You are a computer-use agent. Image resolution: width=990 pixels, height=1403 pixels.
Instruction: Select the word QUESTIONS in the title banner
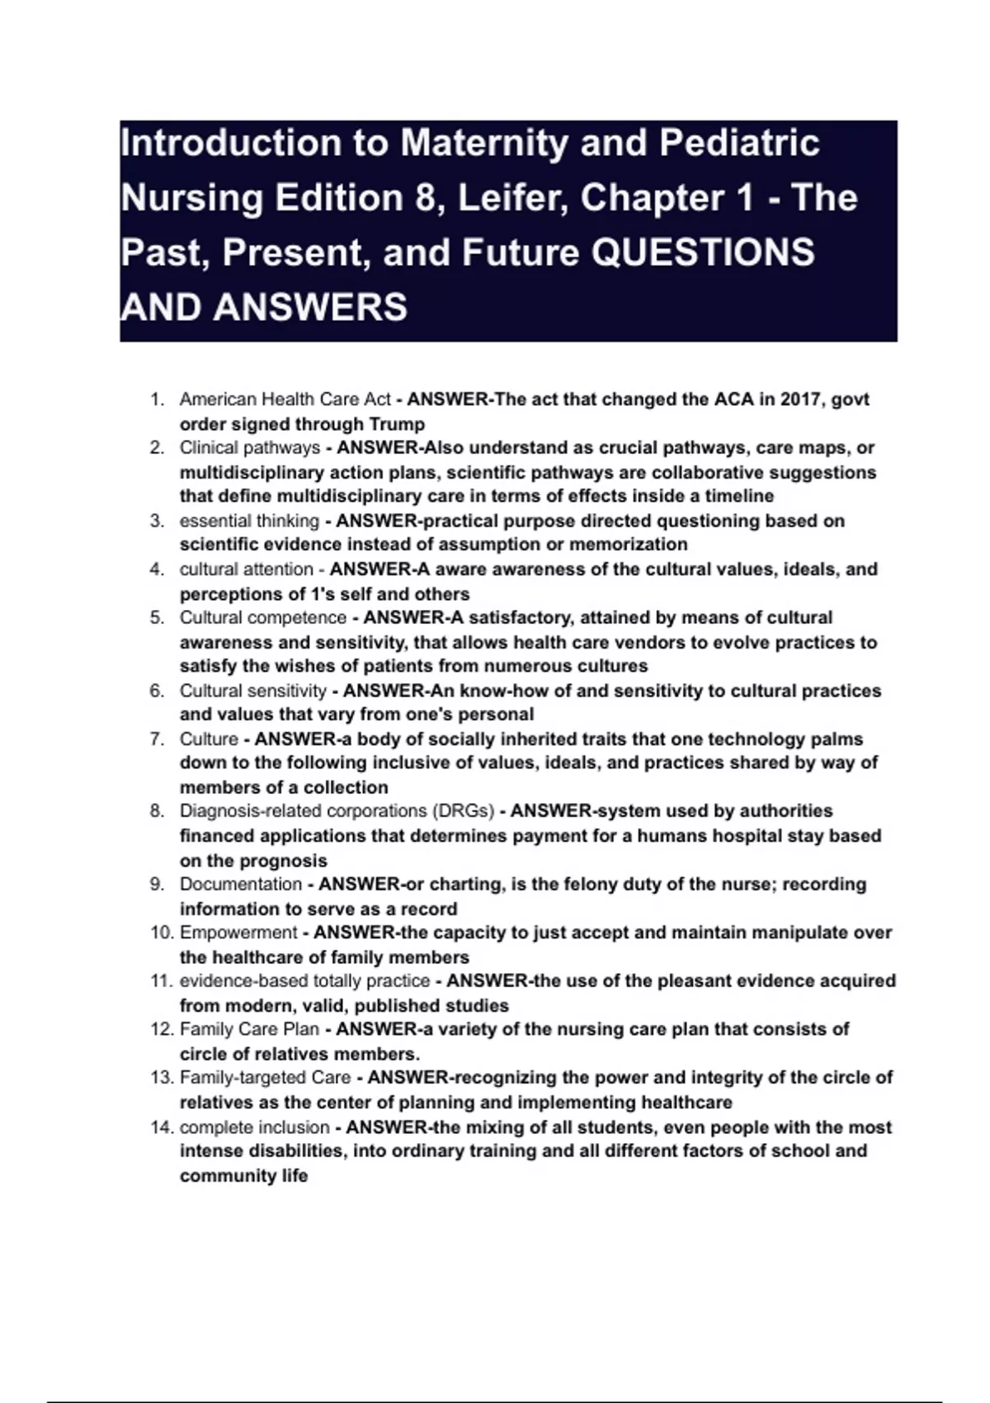pyautogui.click(x=704, y=253)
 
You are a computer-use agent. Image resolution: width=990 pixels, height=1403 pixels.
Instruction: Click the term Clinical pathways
pyautogui.click(x=250, y=448)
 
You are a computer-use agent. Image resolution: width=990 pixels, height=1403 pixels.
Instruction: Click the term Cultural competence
pyautogui.click(x=263, y=618)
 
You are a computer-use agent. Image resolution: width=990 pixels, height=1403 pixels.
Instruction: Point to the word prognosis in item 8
pyautogui.click(x=283, y=861)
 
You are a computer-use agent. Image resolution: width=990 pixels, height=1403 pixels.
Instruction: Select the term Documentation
pyautogui.click(x=241, y=885)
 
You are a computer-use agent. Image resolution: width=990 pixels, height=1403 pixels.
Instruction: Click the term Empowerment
pyautogui.click(x=238, y=933)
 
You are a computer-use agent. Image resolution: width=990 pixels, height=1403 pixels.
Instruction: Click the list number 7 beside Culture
pyautogui.click(x=157, y=739)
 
